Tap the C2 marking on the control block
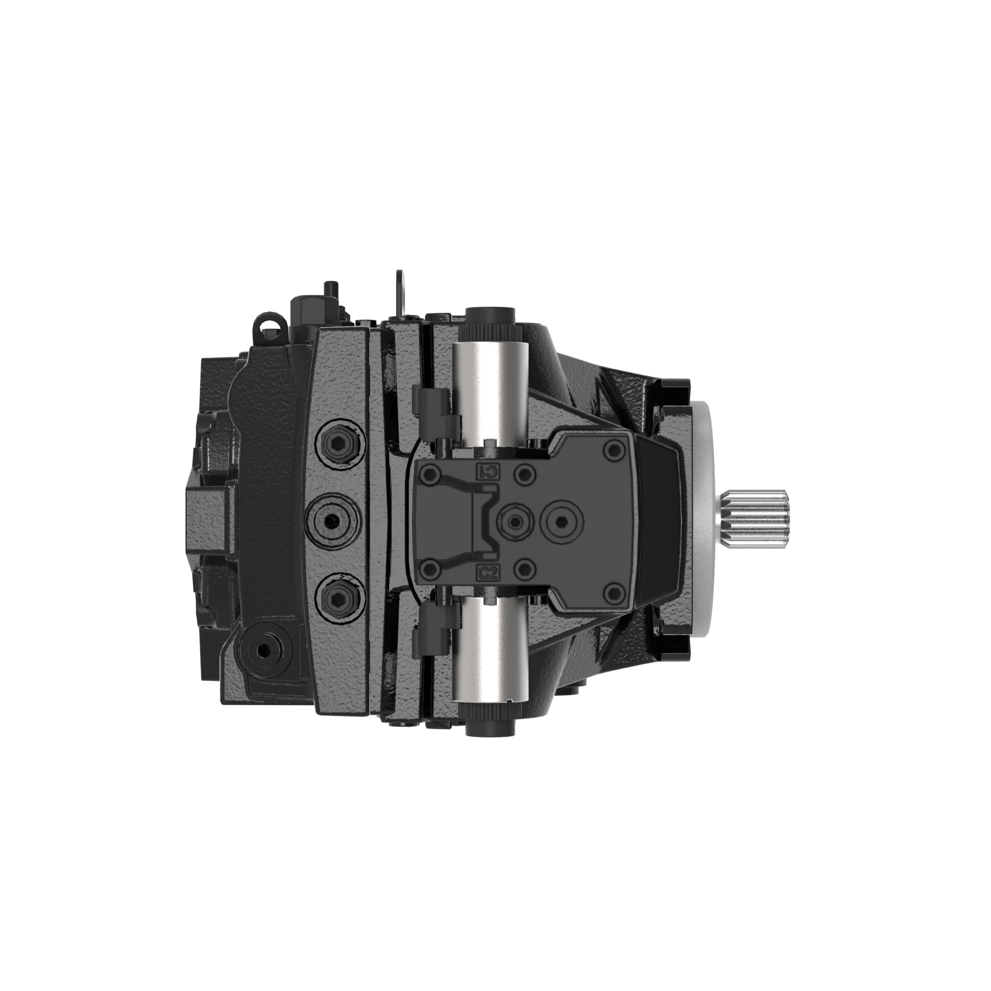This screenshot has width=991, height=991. coord(488,573)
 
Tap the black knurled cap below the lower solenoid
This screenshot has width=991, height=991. coord(491,726)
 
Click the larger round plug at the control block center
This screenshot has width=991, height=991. coord(564,522)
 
